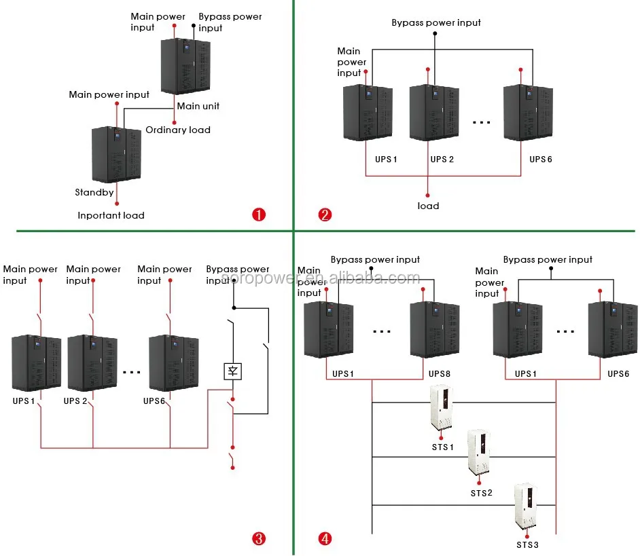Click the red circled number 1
(x=259, y=215)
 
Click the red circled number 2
(x=325, y=215)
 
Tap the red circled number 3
(x=259, y=540)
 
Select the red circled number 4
(x=325, y=540)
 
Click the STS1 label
(x=443, y=447)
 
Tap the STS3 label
(x=527, y=544)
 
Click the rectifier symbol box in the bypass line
(x=232, y=371)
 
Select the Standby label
(x=94, y=193)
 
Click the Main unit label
(x=198, y=106)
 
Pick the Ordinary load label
(x=178, y=130)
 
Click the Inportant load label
(x=111, y=215)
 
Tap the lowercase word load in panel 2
(x=428, y=206)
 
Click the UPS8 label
(x=440, y=374)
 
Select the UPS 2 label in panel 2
(x=442, y=160)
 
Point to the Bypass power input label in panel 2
(x=435, y=22)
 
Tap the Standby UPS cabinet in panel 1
(x=117, y=153)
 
